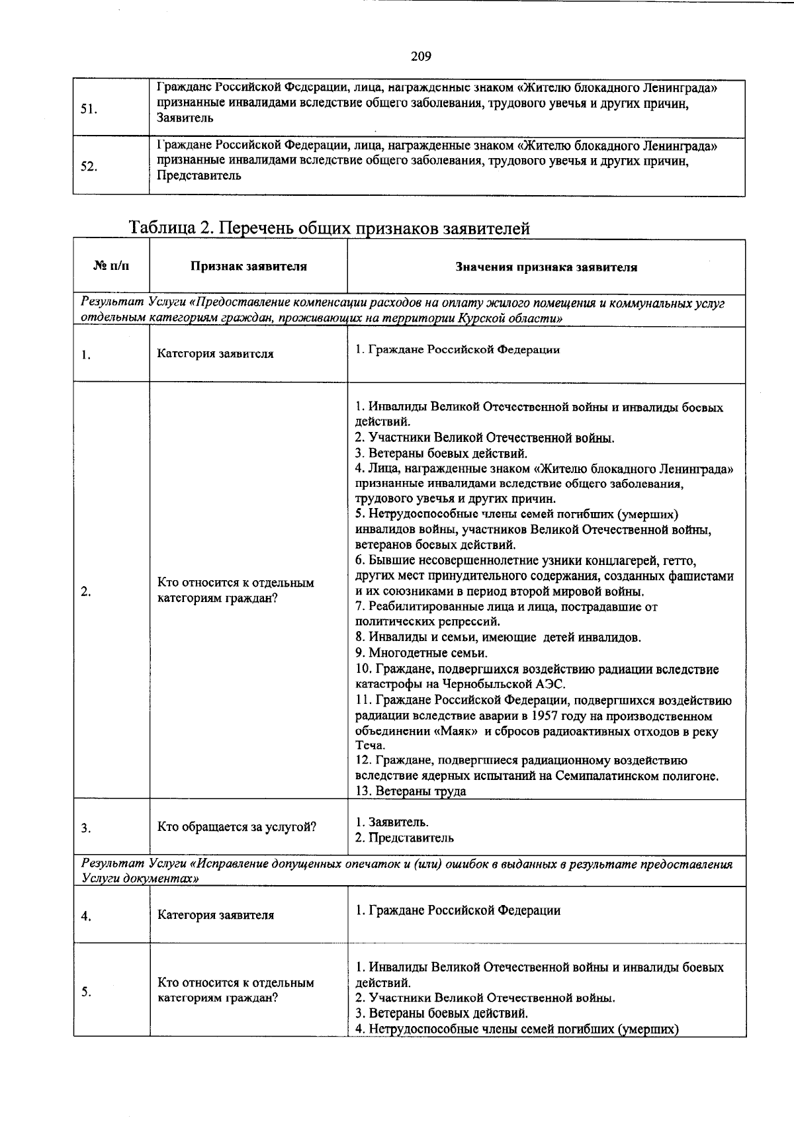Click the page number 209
(x=421, y=56)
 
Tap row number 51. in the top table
(x=89, y=109)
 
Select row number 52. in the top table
(x=89, y=167)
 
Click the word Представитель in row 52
(x=198, y=176)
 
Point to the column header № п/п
(x=111, y=266)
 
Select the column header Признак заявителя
(x=248, y=267)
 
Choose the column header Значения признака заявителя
(x=546, y=267)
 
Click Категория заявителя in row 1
(x=215, y=354)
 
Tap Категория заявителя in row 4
(x=215, y=916)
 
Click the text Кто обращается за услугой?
(x=236, y=828)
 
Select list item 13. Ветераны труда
(x=410, y=791)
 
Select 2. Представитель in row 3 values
(x=404, y=838)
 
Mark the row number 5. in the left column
(x=86, y=992)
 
